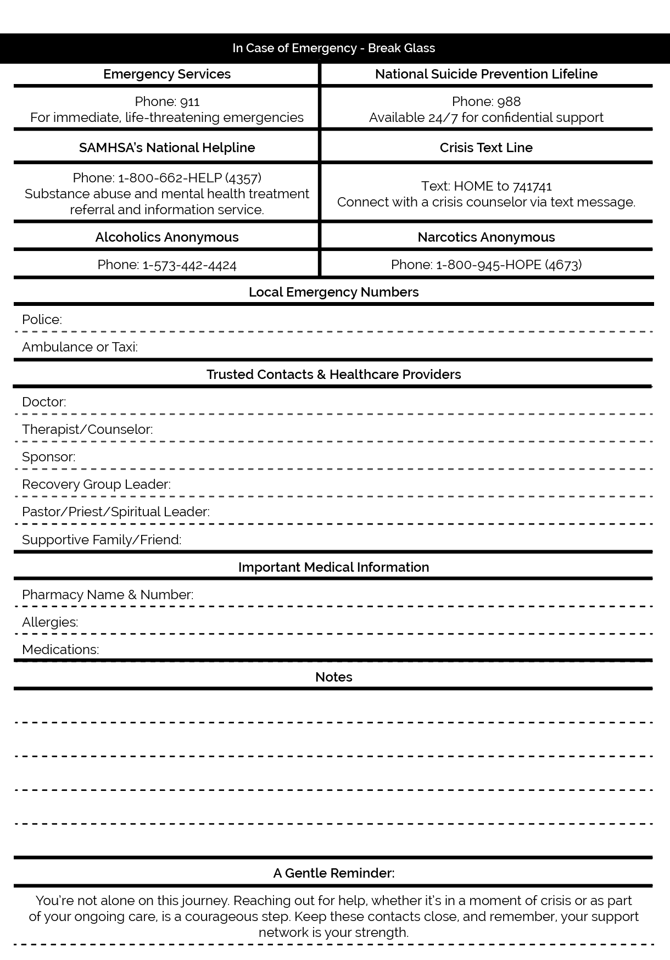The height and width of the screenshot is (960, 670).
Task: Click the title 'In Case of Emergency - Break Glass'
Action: (333, 48)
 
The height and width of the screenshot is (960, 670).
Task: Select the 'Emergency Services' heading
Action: (167, 74)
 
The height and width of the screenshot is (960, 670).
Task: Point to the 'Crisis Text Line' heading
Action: (486, 148)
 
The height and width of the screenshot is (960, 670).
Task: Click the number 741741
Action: (532, 186)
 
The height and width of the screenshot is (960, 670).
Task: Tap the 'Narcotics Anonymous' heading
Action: (486, 237)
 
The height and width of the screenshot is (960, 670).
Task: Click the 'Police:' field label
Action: (42, 320)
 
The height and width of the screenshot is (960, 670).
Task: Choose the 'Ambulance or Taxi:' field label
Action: (80, 347)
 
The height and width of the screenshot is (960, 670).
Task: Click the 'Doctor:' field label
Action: (44, 402)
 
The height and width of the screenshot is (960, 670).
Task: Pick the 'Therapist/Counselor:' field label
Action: (87, 429)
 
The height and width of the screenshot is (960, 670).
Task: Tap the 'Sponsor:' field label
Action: (49, 457)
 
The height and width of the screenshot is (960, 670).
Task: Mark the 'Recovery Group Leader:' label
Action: (96, 484)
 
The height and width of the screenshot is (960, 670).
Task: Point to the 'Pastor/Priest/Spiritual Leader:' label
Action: (116, 512)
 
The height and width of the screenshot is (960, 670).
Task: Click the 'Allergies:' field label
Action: (50, 622)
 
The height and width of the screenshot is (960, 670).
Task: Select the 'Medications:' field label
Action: (60, 650)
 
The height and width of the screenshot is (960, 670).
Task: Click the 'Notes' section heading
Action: (333, 677)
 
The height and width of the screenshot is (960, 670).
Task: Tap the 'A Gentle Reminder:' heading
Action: (333, 873)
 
